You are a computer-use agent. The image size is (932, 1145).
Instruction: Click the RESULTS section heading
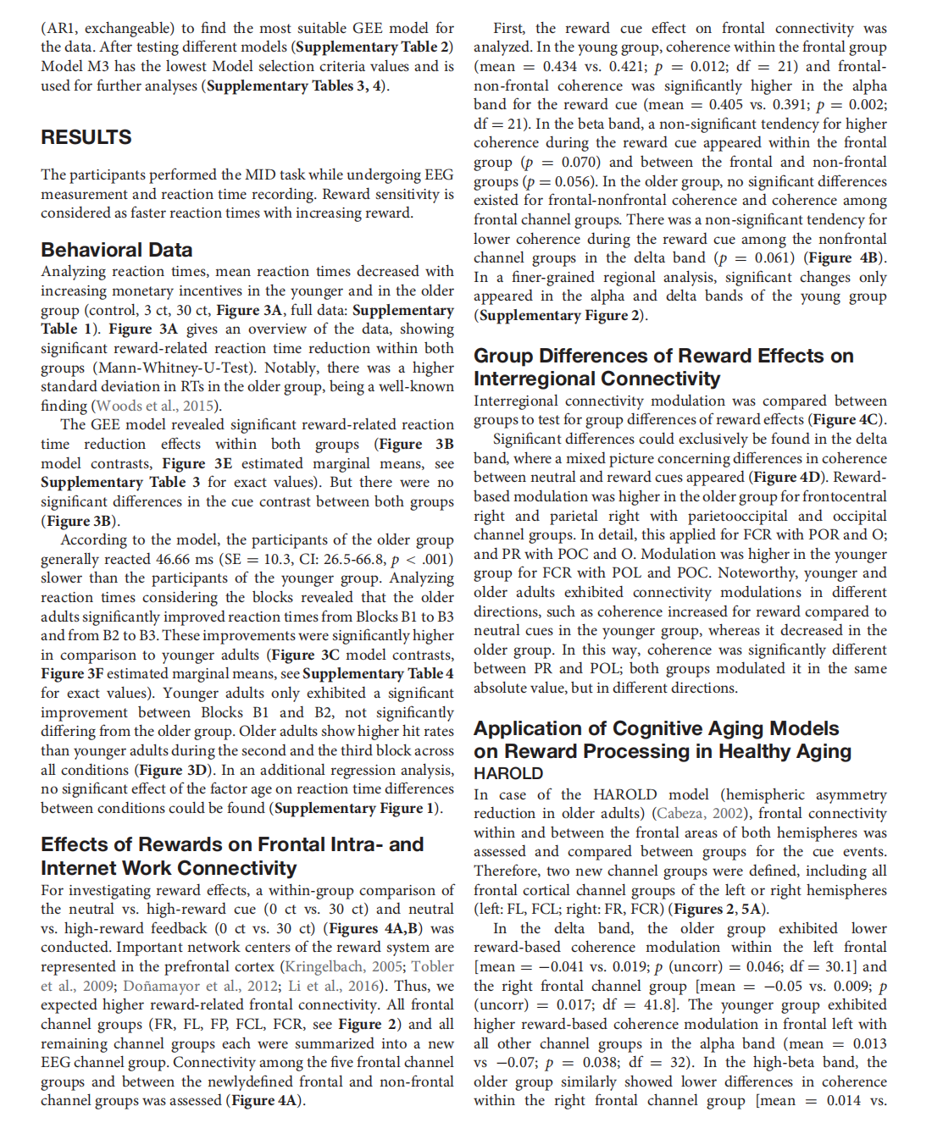coord(86,137)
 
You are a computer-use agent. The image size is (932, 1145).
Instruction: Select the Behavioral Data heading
coord(117,250)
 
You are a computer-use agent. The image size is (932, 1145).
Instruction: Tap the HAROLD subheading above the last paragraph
coord(508,773)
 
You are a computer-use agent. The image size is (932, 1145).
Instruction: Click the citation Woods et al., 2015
coord(156,406)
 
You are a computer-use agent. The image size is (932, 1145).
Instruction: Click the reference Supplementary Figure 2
coord(560,315)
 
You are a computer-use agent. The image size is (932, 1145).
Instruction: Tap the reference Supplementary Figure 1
coord(357,808)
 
